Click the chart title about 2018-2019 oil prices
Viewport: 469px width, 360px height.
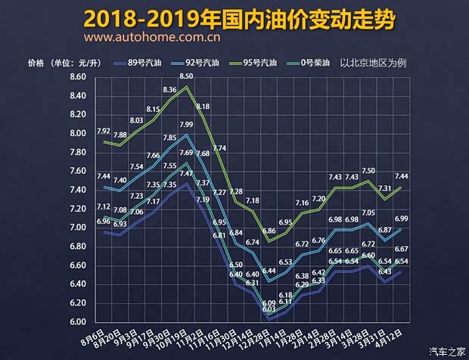click(x=234, y=17)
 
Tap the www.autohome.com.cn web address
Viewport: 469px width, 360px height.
click(x=152, y=36)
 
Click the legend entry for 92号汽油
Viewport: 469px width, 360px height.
click(x=213, y=63)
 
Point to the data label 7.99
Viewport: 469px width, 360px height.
click(x=186, y=124)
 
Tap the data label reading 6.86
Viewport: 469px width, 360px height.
click(x=269, y=231)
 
